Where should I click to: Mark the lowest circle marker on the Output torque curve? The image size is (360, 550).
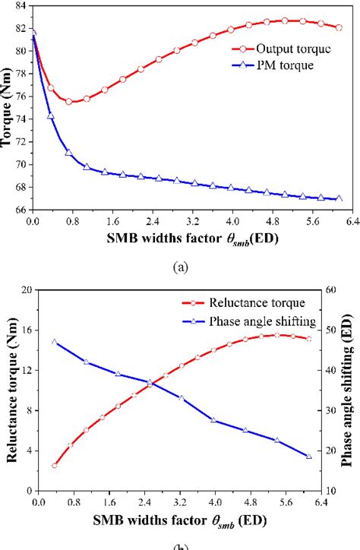(69, 101)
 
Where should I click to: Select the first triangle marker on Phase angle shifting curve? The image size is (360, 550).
(54, 341)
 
